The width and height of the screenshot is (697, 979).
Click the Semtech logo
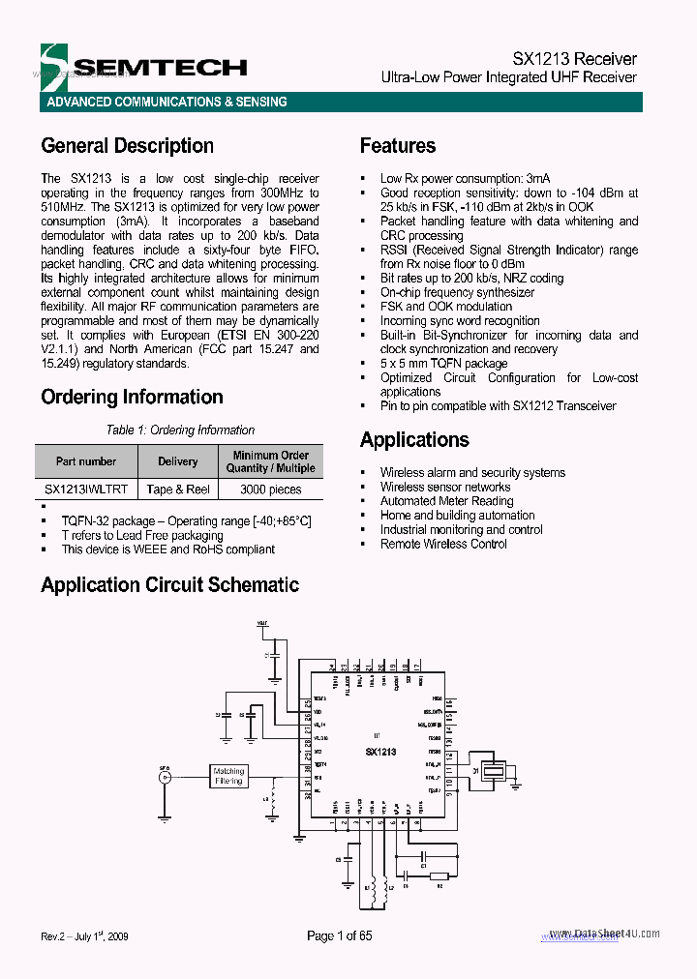145,66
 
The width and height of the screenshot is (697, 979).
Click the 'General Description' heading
127,146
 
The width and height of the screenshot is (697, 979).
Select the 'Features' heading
397,146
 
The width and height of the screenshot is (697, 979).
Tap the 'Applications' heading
414,440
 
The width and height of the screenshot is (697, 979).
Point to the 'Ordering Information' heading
132,397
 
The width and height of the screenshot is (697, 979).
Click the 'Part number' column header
86,461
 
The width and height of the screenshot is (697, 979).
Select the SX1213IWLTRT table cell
86,489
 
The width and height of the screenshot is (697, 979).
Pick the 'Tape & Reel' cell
178,489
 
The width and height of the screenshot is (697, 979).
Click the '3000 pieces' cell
271,489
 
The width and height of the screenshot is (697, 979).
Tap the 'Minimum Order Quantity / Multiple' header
271,461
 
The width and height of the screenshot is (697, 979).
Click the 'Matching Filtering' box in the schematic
229,776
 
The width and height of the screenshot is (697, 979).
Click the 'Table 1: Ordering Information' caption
180,430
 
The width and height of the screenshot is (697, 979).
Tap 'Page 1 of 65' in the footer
339,935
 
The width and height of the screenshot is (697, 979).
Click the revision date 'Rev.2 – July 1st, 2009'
85,936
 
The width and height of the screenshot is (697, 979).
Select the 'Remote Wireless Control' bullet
443,544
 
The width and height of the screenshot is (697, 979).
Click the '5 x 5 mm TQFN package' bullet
443,364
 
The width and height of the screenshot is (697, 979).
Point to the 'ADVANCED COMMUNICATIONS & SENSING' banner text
167,102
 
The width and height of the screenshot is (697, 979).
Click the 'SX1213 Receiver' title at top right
574,59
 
